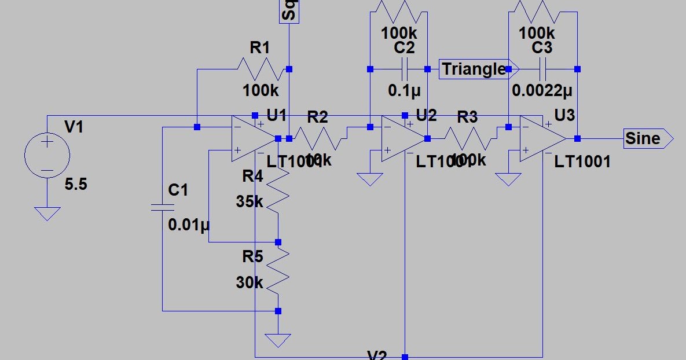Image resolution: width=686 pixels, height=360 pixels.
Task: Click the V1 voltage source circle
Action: pos(47,156)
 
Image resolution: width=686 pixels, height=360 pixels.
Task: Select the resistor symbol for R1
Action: pos(261,69)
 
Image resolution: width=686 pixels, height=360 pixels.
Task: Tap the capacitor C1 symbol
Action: pos(163,207)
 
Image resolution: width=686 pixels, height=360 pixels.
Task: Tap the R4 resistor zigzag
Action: pos(278,197)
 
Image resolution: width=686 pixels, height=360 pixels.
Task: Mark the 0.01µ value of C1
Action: pos(189,225)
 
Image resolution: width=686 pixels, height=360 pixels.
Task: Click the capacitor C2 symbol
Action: pos(404,69)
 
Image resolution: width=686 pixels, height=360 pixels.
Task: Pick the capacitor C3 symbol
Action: pos(542,69)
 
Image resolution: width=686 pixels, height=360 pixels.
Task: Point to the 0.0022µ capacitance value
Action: pos(542,90)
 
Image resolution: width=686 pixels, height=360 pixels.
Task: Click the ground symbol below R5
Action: pos(278,340)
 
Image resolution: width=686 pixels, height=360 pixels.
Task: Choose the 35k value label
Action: pos(250,202)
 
